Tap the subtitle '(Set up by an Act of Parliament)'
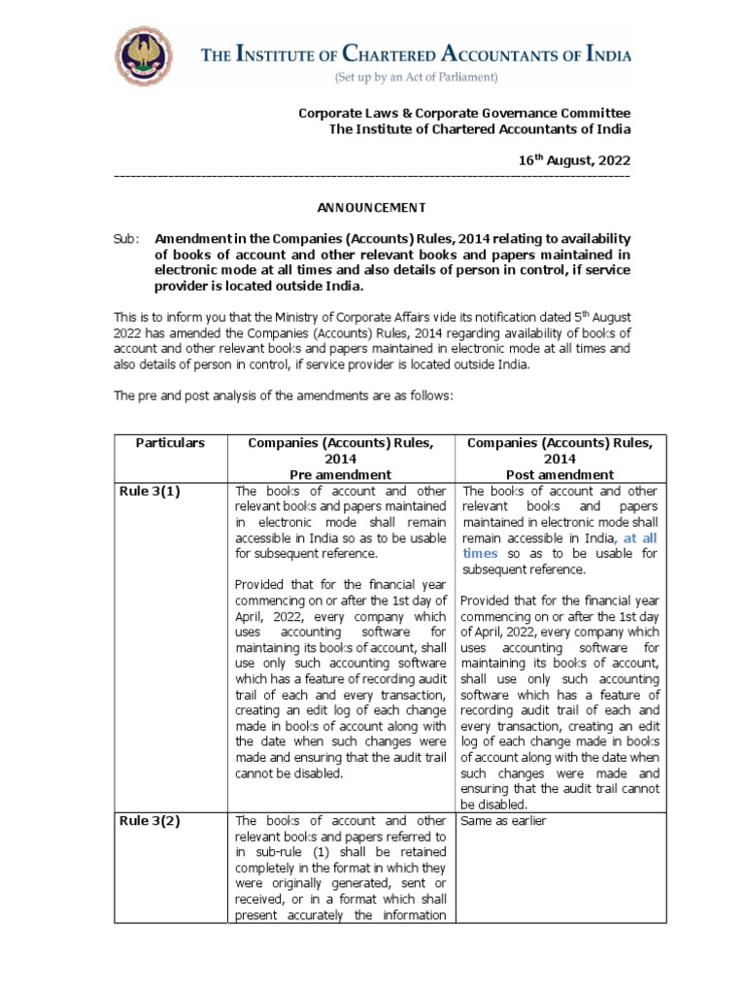pos(416,76)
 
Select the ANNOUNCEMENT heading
pos(372,207)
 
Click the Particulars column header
pos(170,442)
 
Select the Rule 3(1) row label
pos(150,491)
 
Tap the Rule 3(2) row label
pos(150,820)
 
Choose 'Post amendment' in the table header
pos(559,474)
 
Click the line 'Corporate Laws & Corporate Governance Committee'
pos(463,113)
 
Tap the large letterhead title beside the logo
pos(416,54)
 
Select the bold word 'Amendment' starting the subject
pos(195,239)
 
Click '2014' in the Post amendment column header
pos(559,459)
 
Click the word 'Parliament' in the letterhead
pos(466,76)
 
